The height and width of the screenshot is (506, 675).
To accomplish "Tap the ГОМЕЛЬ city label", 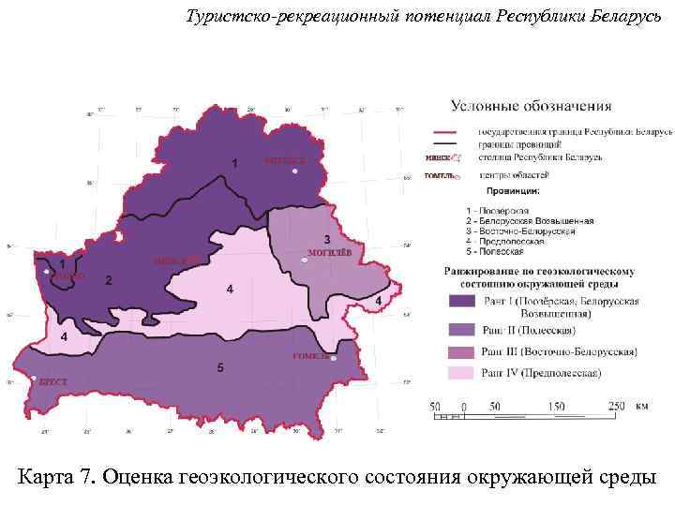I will click(308, 356).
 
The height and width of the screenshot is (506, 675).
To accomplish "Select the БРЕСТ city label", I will click(52, 382).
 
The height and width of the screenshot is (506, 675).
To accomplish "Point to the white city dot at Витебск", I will click(294, 171).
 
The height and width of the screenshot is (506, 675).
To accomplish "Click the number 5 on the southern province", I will click(219, 369).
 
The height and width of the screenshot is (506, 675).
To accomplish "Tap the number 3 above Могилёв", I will click(326, 239).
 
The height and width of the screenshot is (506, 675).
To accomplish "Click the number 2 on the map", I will click(109, 280).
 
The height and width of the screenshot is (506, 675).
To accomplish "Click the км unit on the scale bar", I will click(641, 407).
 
